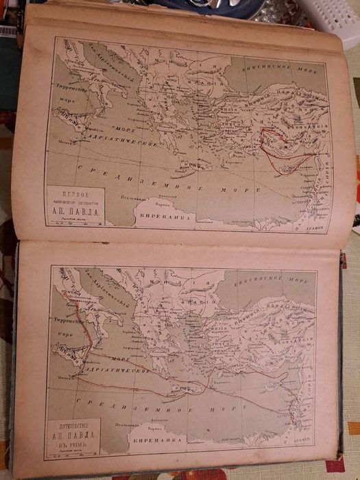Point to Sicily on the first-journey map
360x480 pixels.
[73, 127]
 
